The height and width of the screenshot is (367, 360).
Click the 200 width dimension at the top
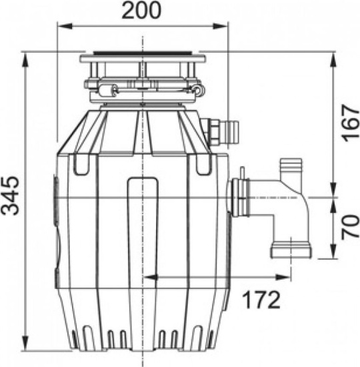point(142,11)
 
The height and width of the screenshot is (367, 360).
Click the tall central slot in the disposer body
point(143,220)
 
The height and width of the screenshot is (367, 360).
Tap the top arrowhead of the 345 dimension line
point(25,56)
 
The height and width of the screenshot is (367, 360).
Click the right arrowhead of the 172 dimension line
point(287,276)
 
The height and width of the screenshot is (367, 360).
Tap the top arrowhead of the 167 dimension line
point(332,56)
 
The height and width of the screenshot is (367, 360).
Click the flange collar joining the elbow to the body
point(239,198)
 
